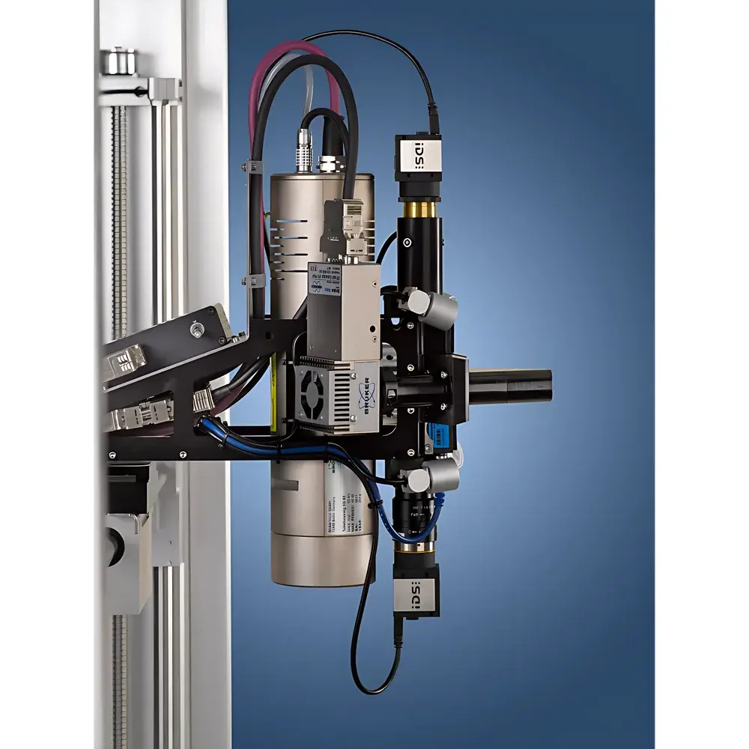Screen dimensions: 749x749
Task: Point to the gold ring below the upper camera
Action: [x=419, y=207]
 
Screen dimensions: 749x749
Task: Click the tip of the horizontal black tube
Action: [x=547, y=383]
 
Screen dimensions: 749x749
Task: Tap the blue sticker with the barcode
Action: [x=437, y=434]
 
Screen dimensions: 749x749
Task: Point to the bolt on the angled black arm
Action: [x=197, y=329]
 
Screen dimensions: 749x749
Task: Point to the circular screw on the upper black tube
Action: [x=407, y=243]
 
